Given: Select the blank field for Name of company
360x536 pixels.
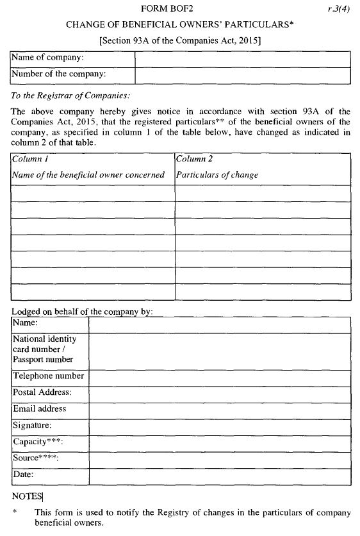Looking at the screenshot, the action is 242,59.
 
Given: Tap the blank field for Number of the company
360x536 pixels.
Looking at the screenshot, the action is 242,75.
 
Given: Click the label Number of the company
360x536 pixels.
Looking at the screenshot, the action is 59,74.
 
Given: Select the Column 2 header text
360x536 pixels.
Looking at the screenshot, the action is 195,158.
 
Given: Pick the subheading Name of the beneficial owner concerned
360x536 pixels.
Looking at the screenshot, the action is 88,174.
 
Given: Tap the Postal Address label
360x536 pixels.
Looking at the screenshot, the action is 42,392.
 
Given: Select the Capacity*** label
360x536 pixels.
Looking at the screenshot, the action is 38,442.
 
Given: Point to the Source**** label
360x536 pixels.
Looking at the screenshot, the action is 35,458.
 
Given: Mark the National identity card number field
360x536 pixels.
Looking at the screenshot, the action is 219,351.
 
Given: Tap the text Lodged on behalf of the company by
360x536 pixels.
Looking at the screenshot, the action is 82,312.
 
